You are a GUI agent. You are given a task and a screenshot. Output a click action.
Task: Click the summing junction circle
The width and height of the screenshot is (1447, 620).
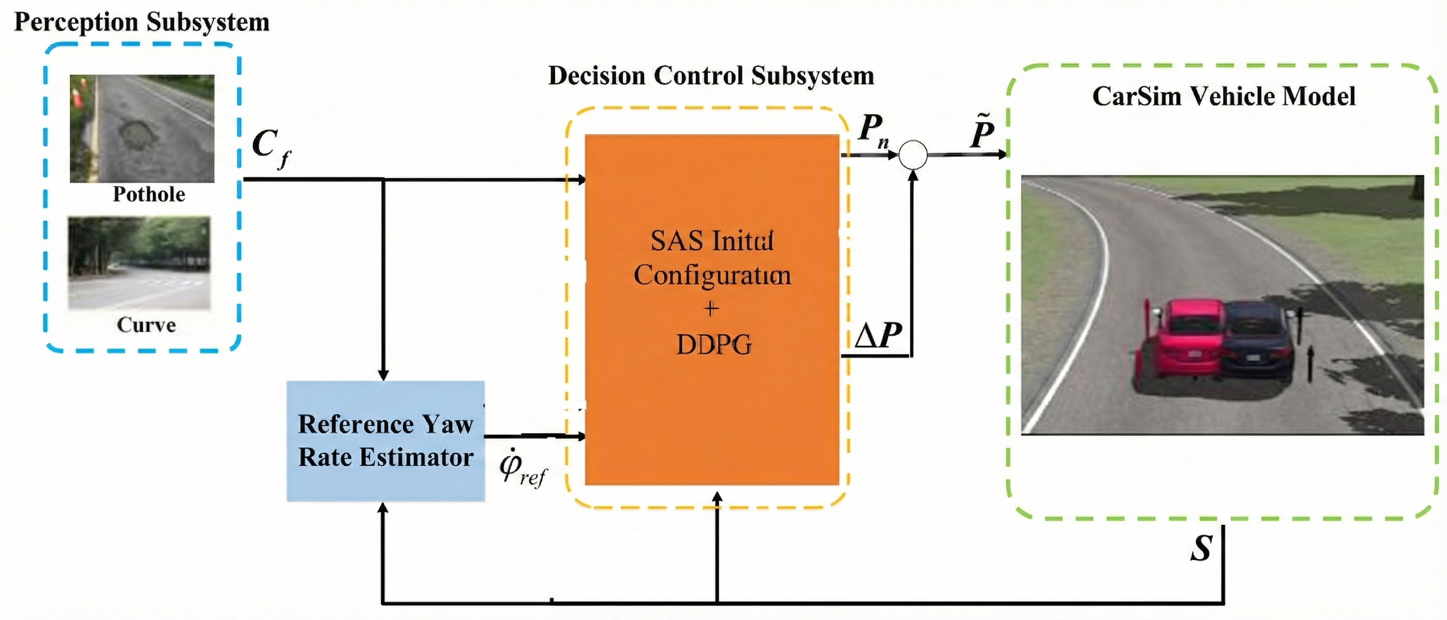913,155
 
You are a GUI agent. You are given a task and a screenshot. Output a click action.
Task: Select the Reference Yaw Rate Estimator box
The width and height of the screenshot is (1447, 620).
385,441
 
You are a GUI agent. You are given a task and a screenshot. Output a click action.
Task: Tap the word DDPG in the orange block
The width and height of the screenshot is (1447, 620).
713,344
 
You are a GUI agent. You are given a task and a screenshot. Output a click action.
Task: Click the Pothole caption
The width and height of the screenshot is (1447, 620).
149,194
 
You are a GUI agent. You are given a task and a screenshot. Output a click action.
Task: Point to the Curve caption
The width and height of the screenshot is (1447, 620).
146,325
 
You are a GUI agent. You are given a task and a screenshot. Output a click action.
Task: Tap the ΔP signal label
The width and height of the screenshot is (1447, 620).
878,336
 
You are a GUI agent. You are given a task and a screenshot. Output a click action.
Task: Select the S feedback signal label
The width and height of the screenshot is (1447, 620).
1201,548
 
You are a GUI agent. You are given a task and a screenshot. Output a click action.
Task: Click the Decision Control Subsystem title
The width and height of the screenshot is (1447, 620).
711,76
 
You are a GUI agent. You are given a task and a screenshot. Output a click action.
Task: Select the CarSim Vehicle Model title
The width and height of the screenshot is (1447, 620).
1223,96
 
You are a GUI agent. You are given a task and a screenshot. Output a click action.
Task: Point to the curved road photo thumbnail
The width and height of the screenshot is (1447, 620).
139,263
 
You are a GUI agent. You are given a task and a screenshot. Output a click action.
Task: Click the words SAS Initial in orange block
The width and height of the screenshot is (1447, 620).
712,241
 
